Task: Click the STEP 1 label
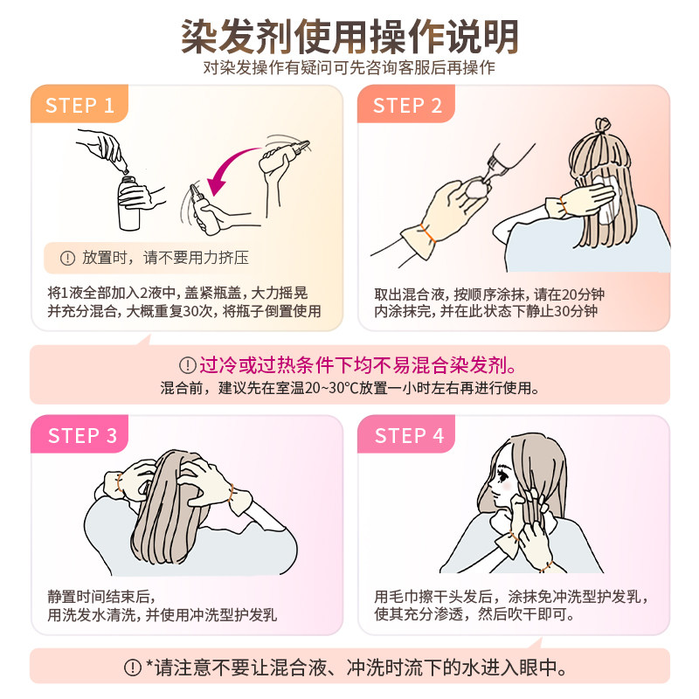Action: (x=80, y=106)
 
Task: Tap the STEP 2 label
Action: (x=407, y=106)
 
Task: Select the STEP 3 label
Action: (x=82, y=436)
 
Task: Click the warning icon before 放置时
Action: (x=67, y=258)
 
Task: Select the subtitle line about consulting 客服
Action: (x=349, y=68)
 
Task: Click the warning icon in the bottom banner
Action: (x=133, y=668)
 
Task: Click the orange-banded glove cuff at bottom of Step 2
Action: (x=424, y=234)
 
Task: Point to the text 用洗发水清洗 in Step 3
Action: (x=93, y=615)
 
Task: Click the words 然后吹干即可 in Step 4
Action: (x=533, y=615)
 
